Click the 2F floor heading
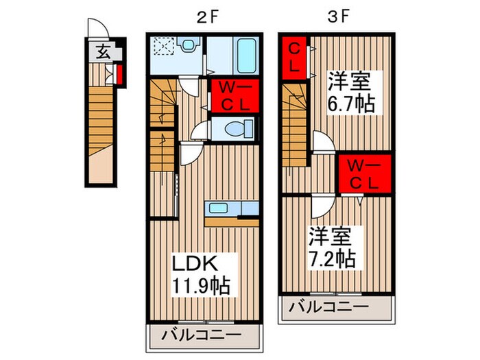(204, 19)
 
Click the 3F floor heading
(335, 19)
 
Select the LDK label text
(193, 264)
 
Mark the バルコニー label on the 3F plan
(328, 307)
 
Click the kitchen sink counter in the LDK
(230, 209)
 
